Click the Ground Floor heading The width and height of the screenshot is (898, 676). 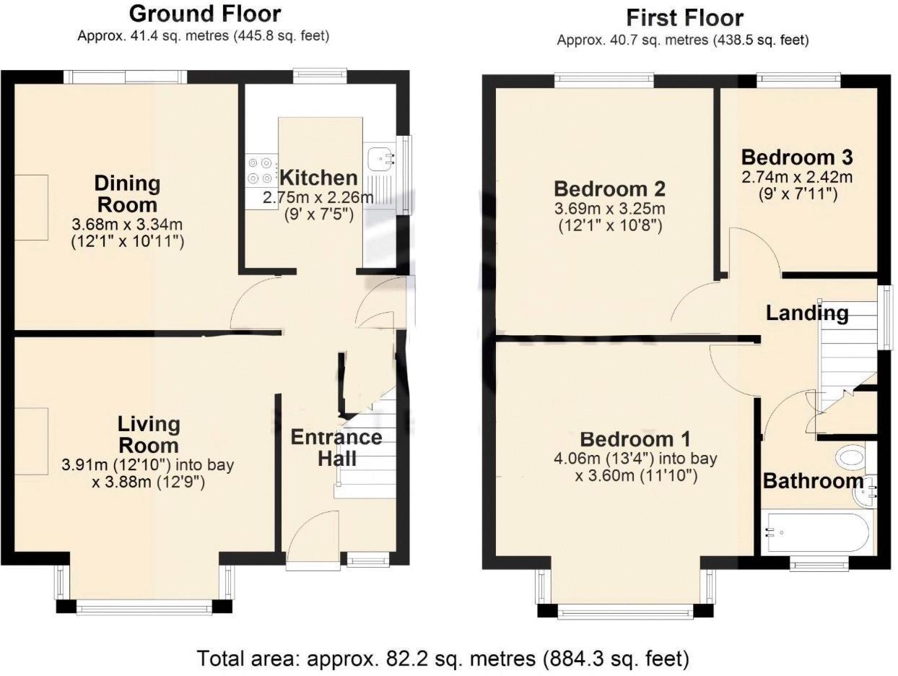204,14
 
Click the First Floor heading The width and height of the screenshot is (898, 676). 684,17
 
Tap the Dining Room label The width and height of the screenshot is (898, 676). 128,193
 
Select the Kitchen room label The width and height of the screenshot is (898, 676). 318,178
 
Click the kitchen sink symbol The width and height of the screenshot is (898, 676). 380,156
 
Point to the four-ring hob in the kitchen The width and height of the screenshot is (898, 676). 261,170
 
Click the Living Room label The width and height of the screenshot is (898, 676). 149,433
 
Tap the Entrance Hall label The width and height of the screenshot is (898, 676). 336,447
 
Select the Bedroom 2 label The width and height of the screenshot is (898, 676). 609,189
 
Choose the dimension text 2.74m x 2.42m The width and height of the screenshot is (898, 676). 797,178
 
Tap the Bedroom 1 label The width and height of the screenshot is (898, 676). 635,439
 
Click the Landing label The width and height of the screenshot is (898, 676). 806,313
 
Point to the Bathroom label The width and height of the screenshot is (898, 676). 813,480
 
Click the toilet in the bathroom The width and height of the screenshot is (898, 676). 853,457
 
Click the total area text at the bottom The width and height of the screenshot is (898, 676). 443,658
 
